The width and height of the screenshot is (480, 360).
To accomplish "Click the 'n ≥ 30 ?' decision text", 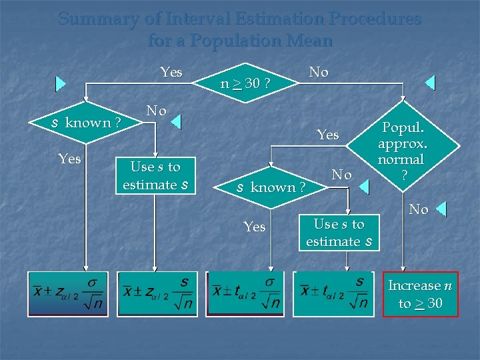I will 245,83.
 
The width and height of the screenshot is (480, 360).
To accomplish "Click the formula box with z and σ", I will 67,293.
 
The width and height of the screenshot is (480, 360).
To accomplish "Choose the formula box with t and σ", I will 245,293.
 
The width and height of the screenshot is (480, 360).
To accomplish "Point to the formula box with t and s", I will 335,293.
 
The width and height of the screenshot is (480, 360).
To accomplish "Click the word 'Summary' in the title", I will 99,19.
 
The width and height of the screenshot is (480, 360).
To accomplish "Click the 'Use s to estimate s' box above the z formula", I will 155,175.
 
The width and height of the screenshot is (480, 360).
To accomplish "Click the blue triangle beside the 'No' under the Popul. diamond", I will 441,210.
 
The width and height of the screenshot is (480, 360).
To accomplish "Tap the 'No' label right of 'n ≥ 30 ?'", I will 319,72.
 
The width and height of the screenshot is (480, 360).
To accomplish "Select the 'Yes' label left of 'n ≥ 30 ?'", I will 171,72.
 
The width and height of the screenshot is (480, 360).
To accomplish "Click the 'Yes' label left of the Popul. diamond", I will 327,135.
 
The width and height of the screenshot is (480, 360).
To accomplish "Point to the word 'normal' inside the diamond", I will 401,159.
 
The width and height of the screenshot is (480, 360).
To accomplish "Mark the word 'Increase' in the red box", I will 415,285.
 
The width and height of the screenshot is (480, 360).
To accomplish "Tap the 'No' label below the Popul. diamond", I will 418,210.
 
